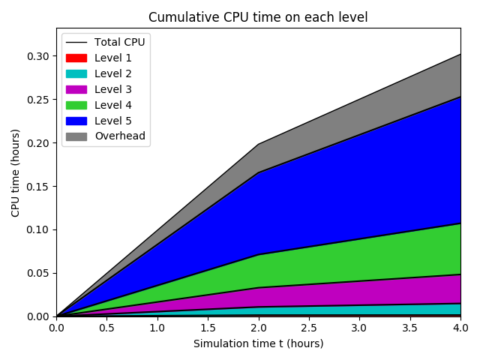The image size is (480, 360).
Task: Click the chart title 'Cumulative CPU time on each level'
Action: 258,17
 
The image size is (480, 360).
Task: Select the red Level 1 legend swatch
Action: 76,58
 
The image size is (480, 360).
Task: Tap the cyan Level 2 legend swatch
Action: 76,73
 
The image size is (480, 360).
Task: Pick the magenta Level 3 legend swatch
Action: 76,89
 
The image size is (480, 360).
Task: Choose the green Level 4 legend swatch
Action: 76,105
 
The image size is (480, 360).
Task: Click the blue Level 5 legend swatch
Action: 76,121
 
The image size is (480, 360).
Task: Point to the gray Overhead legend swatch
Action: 76,136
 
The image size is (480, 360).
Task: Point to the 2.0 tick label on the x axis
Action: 258,328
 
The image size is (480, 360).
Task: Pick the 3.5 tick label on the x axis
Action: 409,328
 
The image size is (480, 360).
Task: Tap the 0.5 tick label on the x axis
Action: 106,328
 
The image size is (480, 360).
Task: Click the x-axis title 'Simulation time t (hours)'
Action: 258,343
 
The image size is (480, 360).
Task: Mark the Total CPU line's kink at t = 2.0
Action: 258,144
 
